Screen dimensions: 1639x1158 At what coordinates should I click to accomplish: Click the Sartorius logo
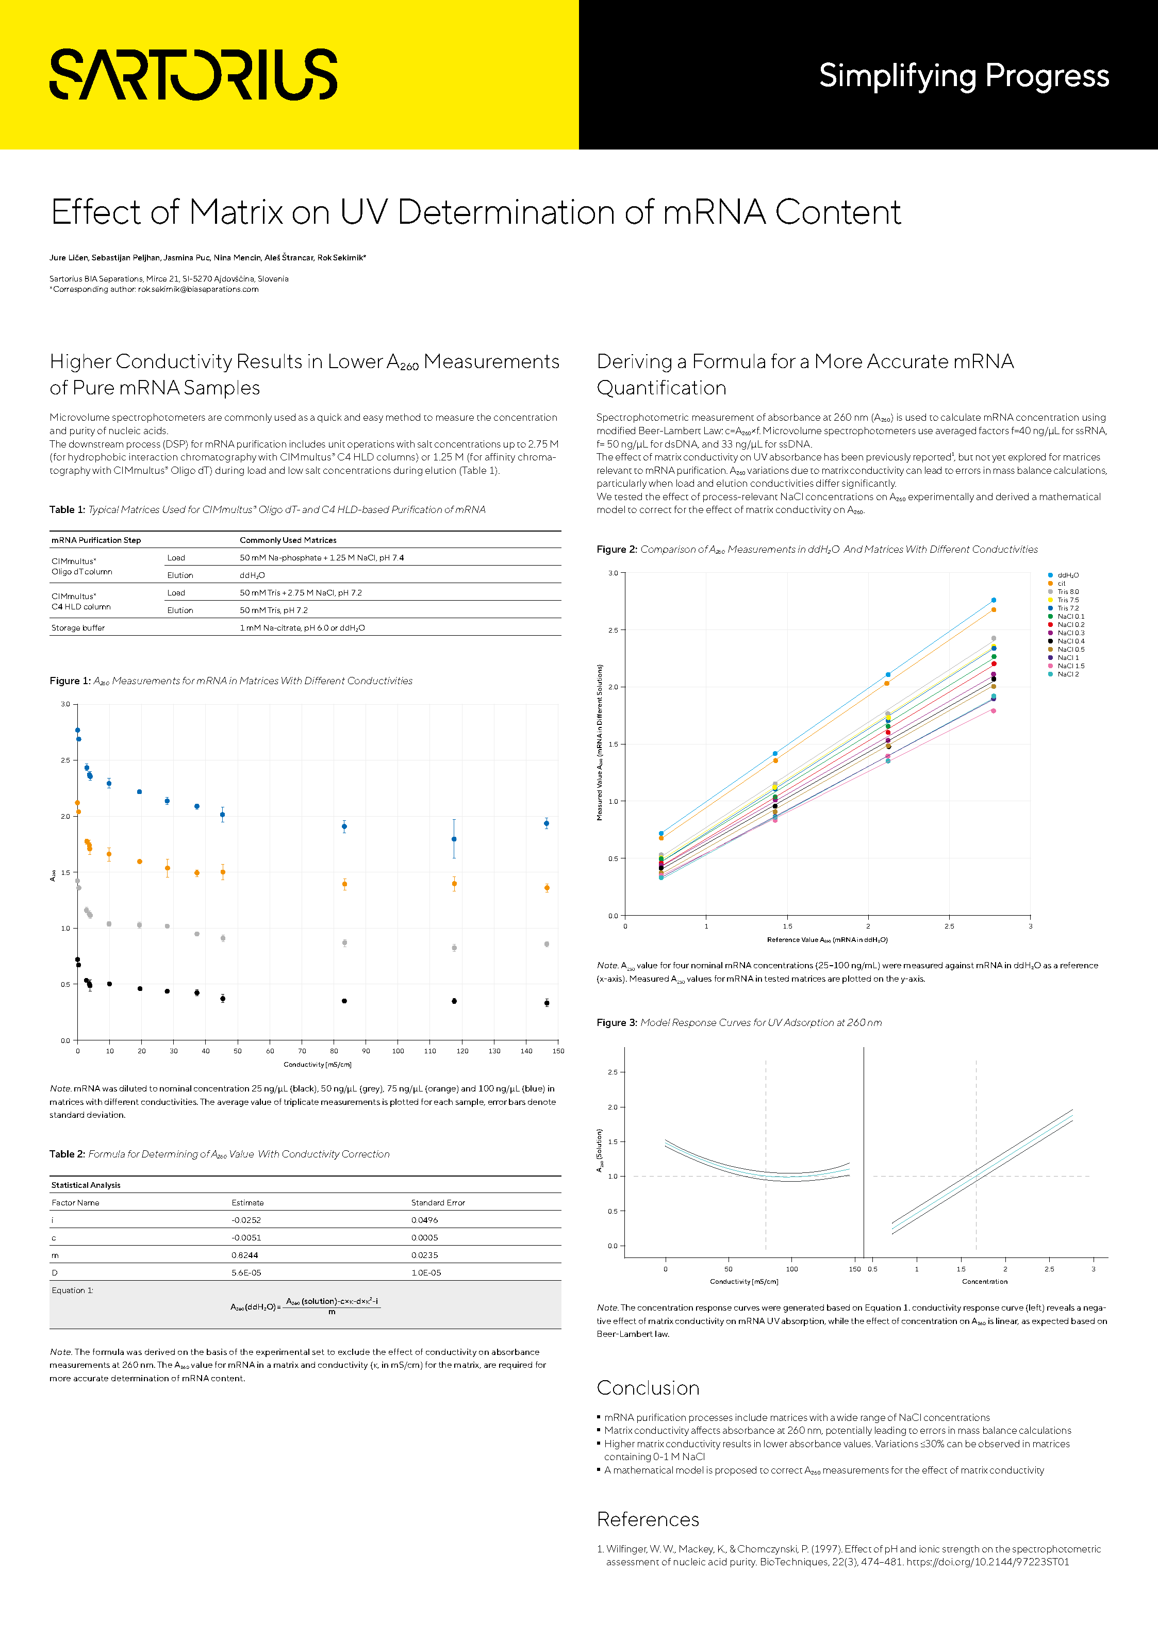pos(193,74)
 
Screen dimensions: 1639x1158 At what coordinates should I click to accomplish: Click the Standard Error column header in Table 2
pos(438,1203)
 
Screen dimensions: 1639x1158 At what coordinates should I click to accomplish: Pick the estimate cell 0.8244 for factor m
pos(245,1255)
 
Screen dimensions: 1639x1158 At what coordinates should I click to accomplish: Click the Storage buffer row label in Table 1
pos(78,628)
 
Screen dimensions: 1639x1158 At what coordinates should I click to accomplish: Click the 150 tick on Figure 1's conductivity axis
pos(558,1051)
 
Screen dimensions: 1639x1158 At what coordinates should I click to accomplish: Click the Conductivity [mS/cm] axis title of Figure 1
pos(317,1064)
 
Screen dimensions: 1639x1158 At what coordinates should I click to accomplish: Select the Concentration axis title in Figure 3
pos(985,1281)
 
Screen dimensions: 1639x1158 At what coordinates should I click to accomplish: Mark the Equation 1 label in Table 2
pos(72,1290)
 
